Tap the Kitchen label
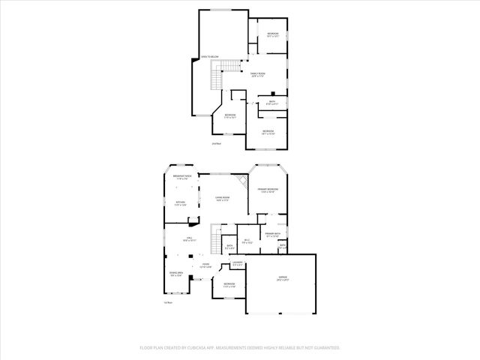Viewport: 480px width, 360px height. (180, 203)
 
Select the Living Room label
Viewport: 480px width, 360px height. (223, 199)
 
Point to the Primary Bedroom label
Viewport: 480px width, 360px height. (268, 190)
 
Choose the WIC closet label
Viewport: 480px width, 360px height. (247, 241)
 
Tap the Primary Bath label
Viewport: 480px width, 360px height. (272, 235)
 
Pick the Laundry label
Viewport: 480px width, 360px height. (238, 264)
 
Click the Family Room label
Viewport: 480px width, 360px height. (258, 74)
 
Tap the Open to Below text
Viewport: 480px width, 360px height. (209, 57)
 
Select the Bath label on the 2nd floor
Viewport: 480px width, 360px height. (272, 103)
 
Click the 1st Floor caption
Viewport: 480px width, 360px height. (169, 302)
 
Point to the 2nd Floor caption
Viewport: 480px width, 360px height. (216, 142)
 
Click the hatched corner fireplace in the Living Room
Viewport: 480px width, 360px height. (241, 181)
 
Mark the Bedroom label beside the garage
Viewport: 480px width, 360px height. (229, 285)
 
